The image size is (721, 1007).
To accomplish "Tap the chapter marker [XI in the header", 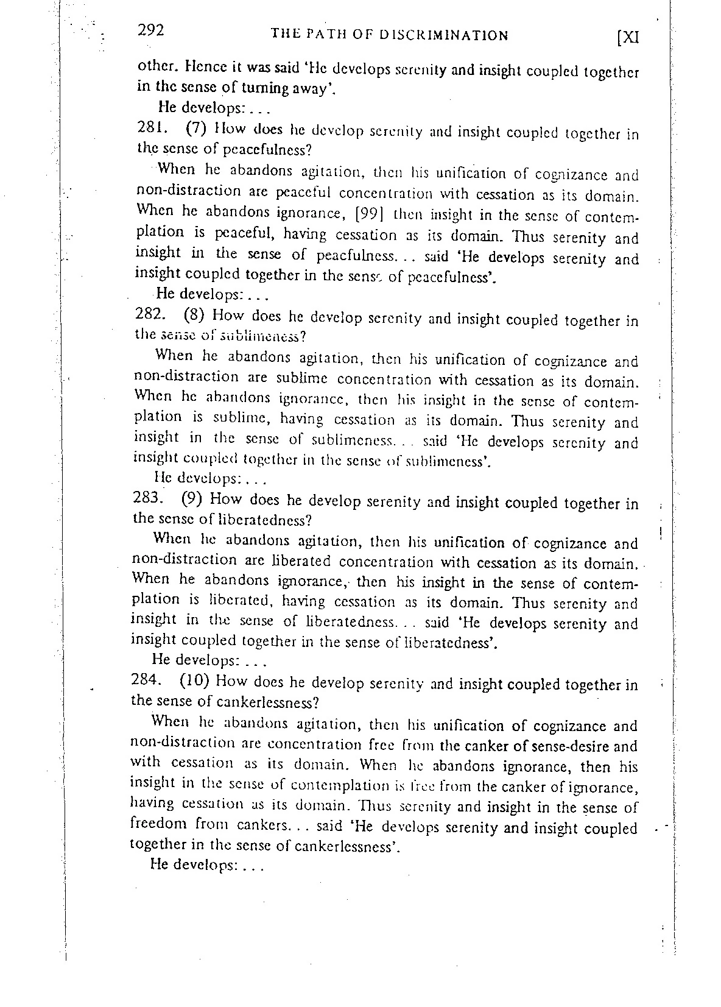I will click(627, 37).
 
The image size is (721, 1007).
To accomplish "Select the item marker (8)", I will click(195, 315).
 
